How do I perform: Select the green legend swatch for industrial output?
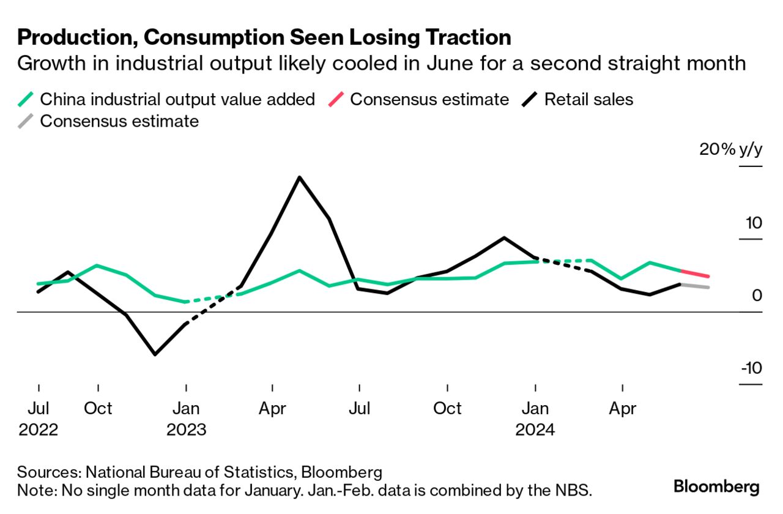click(26, 99)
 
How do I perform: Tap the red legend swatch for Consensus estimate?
click(335, 99)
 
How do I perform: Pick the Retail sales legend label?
click(588, 99)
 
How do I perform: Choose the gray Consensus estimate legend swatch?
click(26, 121)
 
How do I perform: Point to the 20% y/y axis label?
click(731, 150)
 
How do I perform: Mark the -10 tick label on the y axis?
click(751, 368)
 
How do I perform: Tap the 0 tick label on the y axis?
click(757, 296)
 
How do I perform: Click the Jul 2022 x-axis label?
click(39, 419)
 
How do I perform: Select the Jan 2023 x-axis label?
click(186, 419)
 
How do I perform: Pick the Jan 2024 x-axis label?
click(535, 419)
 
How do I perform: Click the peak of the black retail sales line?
click(299, 177)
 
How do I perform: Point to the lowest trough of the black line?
click(155, 354)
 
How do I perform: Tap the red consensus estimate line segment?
click(695, 274)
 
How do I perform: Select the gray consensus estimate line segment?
click(695, 286)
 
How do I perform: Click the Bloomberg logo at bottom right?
click(716, 487)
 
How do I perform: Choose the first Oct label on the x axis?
click(98, 408)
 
